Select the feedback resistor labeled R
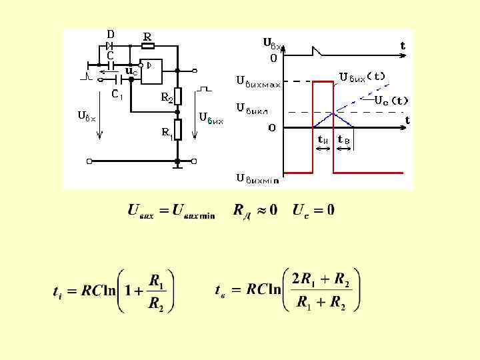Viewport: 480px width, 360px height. coord(147,46)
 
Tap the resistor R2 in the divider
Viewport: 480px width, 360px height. coord(178,95)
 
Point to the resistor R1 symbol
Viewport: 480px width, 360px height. coord(178,128)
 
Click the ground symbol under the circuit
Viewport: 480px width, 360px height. coord(178,167)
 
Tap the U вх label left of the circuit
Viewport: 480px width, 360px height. coord(87,116)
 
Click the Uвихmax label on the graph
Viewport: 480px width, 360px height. coord(258,81)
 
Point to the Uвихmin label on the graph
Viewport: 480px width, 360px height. coord(258,178)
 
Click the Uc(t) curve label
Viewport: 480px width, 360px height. coord(391,101)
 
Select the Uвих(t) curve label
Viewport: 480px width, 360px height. coord(362,76)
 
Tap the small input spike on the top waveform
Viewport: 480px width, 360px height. coord(319,50)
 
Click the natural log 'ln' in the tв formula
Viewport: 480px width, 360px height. coord(274,289)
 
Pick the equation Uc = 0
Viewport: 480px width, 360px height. coord(313,211)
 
